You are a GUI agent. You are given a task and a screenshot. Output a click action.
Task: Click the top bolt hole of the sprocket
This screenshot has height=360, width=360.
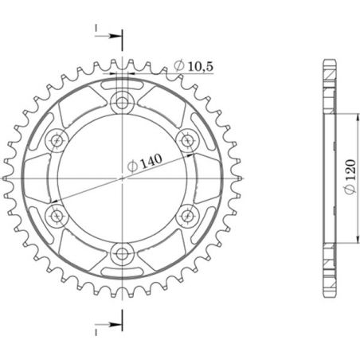tap(123, 101)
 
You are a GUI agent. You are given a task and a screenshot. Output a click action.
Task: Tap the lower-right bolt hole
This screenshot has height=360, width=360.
tap(189, 215)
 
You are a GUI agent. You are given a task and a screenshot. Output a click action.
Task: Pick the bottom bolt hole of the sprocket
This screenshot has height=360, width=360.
tap(123, 253)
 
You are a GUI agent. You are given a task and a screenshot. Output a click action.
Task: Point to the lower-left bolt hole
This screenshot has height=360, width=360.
tap(57, 215)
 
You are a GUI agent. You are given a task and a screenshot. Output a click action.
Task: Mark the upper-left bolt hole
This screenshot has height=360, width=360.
tap(57, 139)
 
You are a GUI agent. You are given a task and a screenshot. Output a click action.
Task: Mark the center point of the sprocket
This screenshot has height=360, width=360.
tap(123, 178)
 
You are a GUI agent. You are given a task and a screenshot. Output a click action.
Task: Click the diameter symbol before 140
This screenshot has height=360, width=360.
tap(131, 167)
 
